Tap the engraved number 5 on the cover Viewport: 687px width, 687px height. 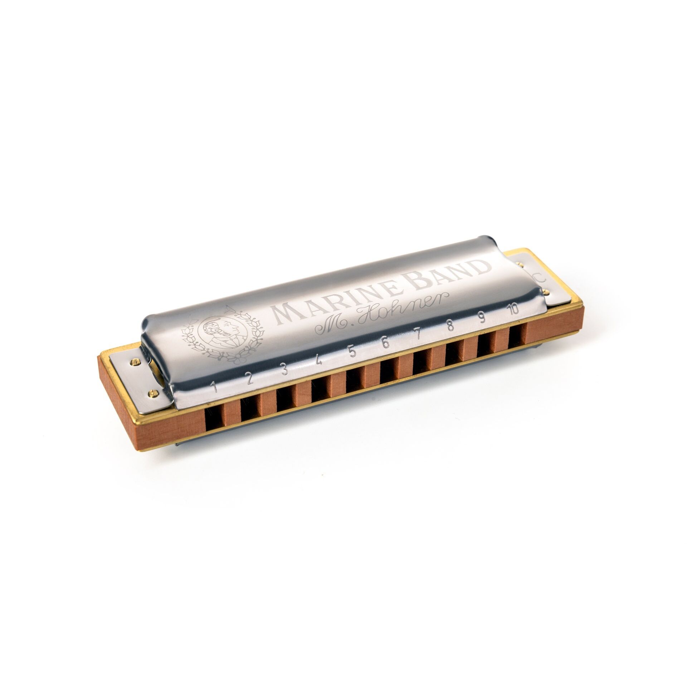(352, 352)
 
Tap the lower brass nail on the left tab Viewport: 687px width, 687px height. (154, 394)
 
